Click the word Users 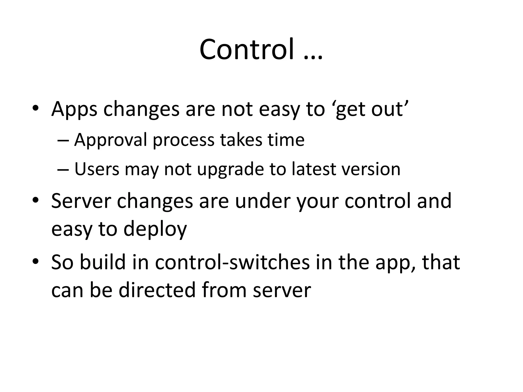tap(97, 169)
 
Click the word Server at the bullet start tap(81, 201)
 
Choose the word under tap(263, 201)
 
